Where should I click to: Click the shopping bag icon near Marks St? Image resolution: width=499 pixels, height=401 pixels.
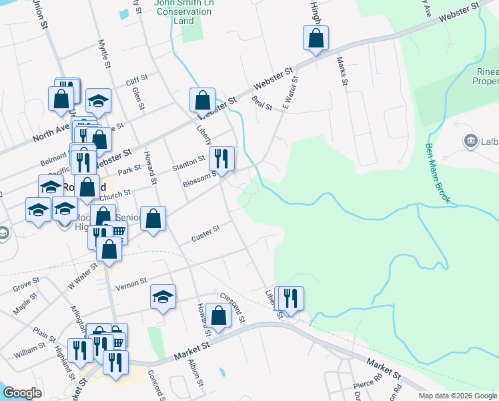pos(316,38)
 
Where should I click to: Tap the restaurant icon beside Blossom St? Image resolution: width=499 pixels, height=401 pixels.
pos(221,158)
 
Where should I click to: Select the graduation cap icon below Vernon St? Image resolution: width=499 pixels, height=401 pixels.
pos(162,297)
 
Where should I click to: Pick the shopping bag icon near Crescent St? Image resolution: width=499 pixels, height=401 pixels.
pos(218,315)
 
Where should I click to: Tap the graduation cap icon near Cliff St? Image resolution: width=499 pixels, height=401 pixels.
pos(98,100)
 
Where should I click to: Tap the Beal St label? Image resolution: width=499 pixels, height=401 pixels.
pos(262,103)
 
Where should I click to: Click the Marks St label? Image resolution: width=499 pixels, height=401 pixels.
pos(343,71)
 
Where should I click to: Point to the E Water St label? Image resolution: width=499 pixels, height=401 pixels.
pos(290,93)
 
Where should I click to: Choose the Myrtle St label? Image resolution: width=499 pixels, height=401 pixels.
pos(103,53)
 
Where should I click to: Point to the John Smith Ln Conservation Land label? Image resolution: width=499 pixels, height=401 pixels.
pos(183,11)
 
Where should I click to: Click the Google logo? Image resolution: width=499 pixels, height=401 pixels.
pos(21,393)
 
